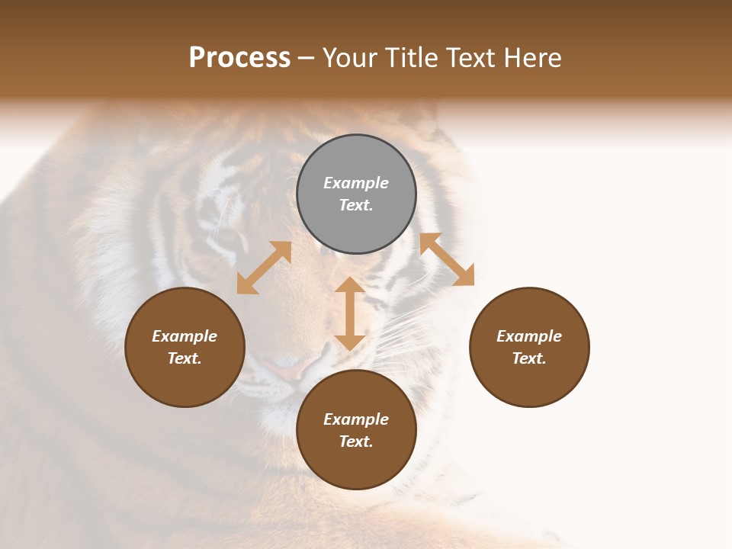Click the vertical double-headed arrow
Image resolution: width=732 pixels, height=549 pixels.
click(x=350, y=313)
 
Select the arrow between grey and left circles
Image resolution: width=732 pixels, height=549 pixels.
click(x=264, y=268)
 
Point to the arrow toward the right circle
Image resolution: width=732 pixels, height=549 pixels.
click(x=447, y=259)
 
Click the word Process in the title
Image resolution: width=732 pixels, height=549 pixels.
click(x=239, y=58)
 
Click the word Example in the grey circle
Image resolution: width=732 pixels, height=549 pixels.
click(x=356, y=183)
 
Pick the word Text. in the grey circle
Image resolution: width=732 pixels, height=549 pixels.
click(x=356, y=205)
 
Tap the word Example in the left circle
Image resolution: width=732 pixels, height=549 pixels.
click(x=185, y=336)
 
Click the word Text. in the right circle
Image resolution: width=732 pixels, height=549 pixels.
click(x=529, y=358)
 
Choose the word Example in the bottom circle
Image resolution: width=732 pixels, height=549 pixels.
click(x=356, y=419)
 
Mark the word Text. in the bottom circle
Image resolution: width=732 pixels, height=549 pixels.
click(x=356, y=441)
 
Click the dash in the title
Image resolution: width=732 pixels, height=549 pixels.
click(x=306, y=59)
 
